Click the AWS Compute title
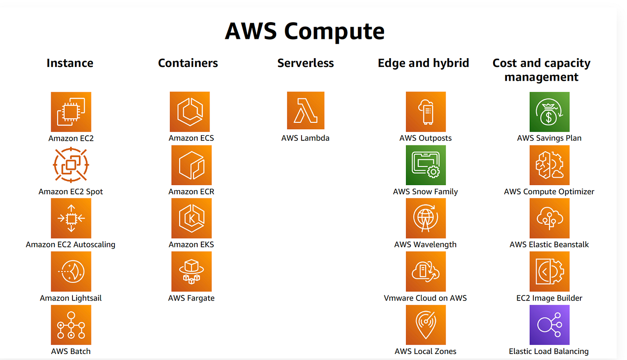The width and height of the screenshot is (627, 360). [305, 31]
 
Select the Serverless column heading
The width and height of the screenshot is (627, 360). [305, 63]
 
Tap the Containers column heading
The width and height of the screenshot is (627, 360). [188, 63]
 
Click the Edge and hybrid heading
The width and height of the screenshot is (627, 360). [423, 63]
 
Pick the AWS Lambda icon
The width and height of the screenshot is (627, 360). [305, 111]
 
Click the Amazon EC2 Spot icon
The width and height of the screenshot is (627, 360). [71, 165]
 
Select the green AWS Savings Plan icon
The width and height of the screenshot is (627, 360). [549, 112]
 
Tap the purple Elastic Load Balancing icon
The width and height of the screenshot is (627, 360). [549, 324]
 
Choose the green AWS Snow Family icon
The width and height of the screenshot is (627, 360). [426, 165]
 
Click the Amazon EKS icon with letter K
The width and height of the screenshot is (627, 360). [191, 218]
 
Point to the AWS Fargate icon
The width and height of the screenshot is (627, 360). [191, 271]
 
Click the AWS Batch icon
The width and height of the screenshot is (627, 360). [71, 324]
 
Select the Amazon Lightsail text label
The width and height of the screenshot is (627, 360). [71, 298]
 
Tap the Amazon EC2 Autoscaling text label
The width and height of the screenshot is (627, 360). [71, 245]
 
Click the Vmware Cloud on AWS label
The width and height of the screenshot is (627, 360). [425, 298]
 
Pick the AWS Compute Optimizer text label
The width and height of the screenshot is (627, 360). [549, 192]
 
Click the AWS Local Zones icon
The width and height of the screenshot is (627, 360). [426, 324]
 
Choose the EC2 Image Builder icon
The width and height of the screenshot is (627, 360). [549, 271]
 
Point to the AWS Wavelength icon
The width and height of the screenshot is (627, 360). [426, 218]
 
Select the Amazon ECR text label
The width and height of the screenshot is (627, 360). [191, 192]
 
